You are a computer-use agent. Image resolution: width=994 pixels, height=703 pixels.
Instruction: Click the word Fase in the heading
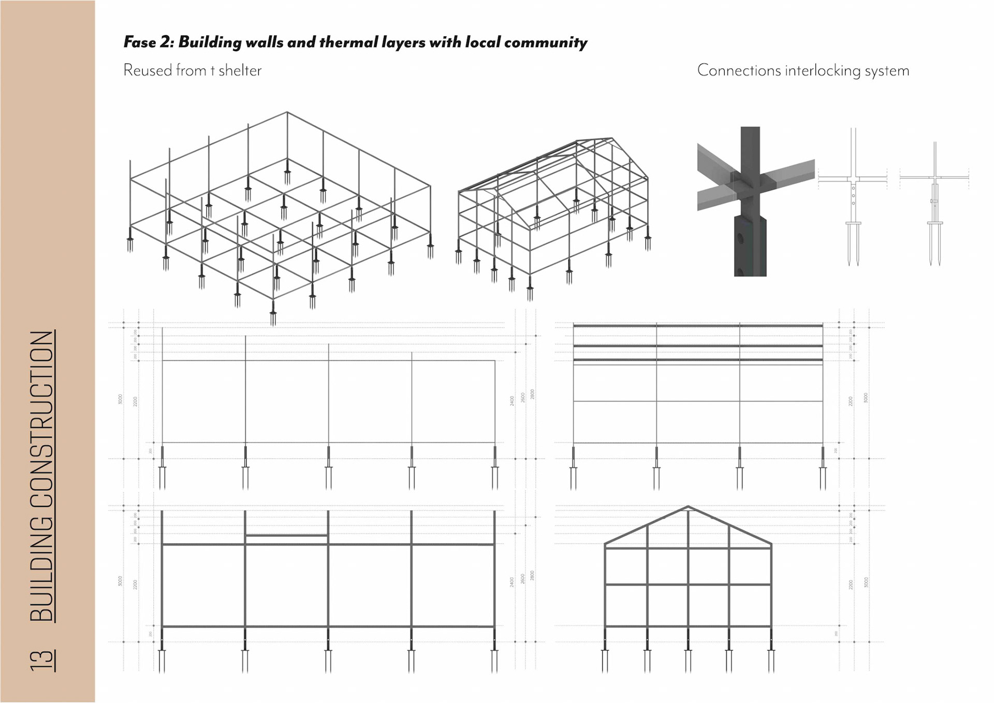pyautogui.click(x=140, y=42)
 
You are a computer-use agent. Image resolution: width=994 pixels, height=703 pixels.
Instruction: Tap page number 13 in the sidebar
pyautogui.click(x=42, y=661)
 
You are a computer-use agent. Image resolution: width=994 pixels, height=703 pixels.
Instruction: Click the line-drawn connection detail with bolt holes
pyautogui.click(x=853, y=197)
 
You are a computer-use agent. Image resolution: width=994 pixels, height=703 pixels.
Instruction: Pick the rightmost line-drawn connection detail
pyautogui.click(x=934, y=202)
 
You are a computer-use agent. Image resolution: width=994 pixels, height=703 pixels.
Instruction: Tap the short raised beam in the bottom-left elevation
pyautogui.click(x=286, y=535)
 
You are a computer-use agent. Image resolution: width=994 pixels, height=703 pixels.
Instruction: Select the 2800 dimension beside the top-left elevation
pyautogui.click(x=532, y=394)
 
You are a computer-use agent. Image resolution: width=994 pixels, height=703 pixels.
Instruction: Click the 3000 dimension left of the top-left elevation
pyautogui.click(x=120, y=399)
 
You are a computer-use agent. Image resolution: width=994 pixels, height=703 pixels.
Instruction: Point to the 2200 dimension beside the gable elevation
pyautogui.click(x=851, y=584)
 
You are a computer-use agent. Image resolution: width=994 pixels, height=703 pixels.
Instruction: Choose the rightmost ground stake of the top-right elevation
pyautogui.click(x=823, y=471)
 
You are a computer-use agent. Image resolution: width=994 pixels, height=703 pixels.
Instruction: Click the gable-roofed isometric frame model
pyautogui.click(x=553, y=212)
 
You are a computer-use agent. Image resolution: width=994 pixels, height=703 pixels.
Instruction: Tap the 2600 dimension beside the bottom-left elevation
pyautogui.click(x=523, y=578)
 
